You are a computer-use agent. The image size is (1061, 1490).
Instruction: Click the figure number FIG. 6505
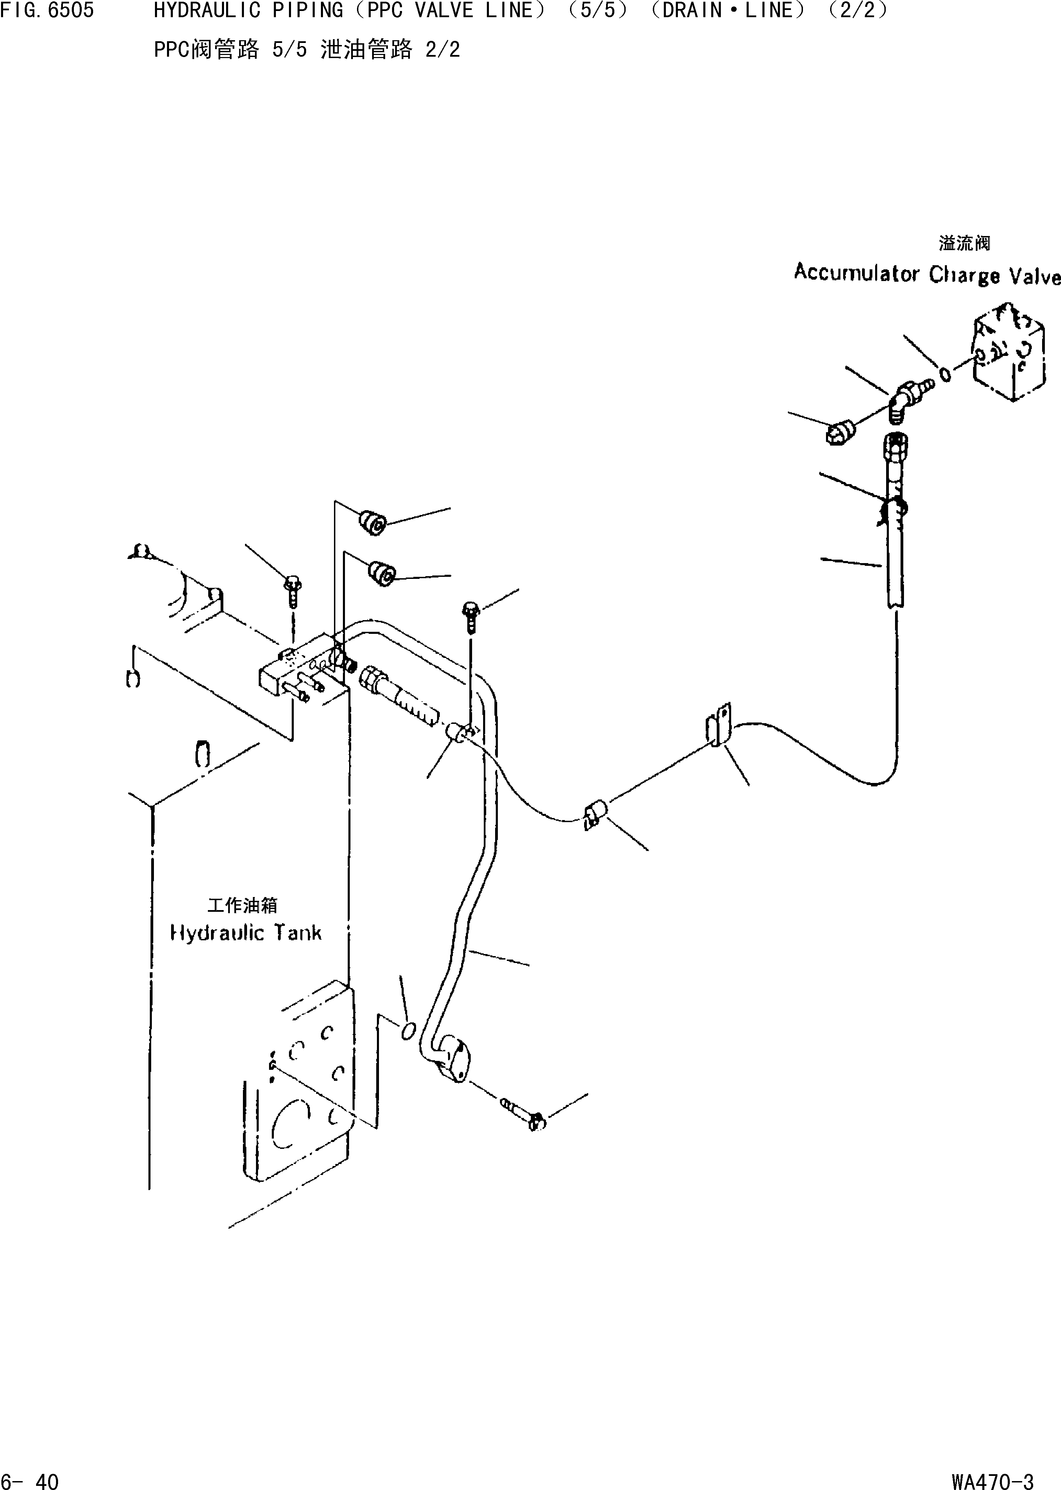pos(47,10)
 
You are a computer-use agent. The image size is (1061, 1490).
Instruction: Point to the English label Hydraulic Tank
pos(246,933)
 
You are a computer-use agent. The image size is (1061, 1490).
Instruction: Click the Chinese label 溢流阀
pos(964,244)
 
